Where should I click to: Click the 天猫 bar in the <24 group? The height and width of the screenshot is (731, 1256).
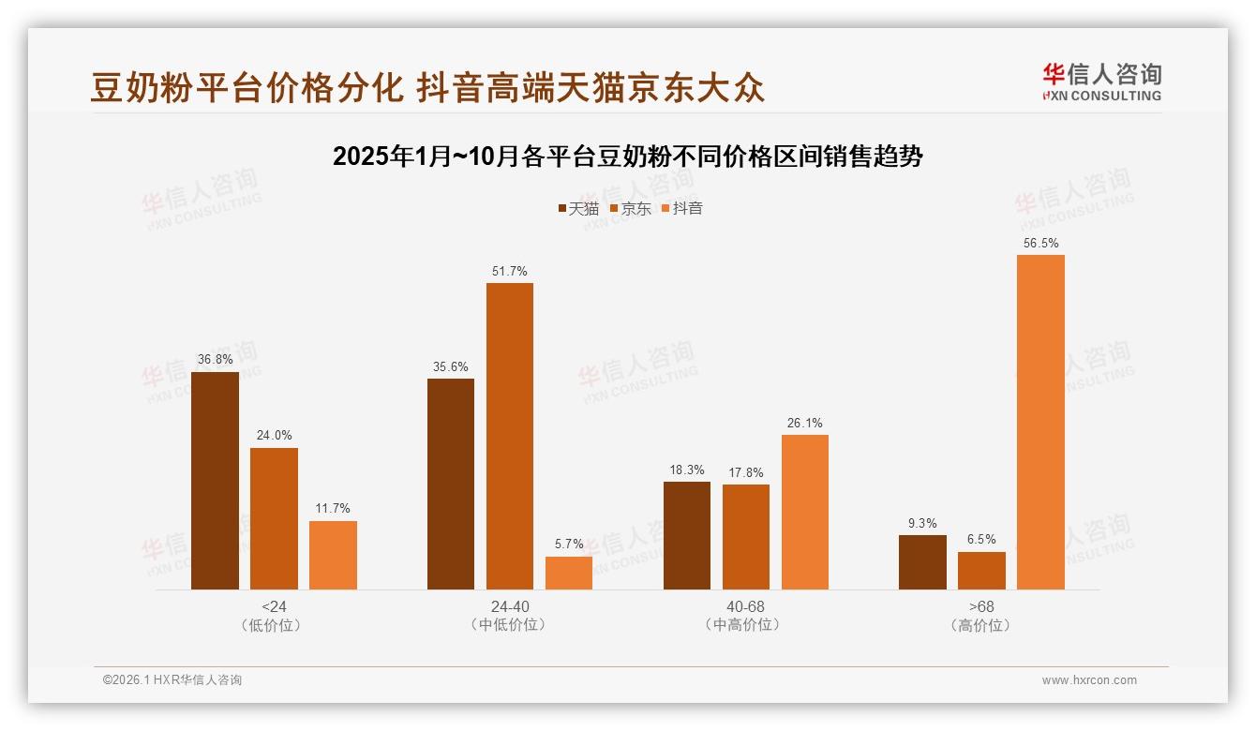[x=215, y=481]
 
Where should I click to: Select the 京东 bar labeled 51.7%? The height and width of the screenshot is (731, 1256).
[x=509, y=436]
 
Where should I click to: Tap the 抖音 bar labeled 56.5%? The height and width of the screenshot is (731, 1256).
[x=1040, y=422]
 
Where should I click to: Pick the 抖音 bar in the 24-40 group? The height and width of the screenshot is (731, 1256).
[x=569, y=573]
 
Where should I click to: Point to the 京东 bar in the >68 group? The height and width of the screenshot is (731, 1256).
[x=981, y=571]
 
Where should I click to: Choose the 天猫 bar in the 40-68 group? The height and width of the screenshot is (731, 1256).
[x=687, y=535]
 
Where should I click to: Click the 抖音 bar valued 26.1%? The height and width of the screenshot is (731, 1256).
[x=805, y=512]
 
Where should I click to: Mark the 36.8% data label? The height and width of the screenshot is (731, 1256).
[x=215, y=360]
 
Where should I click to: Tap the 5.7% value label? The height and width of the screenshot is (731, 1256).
[x=569, y=544]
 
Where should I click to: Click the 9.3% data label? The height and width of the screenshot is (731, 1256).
[x=922, y=523]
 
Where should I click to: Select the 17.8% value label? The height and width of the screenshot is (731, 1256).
[x=746, y=472]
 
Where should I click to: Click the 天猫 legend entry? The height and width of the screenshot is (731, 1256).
[x=578, y=208]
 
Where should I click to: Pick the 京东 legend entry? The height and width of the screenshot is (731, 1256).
[x=630, y=208]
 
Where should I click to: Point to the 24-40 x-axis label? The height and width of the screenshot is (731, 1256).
[x=509, y=606]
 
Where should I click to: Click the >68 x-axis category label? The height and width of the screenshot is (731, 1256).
[x=981, y=606]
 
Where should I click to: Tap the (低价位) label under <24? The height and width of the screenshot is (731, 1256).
[x=274, y=625]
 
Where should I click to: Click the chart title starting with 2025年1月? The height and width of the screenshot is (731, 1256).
[x=628, y=157]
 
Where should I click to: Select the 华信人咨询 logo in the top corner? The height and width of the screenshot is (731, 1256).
[x=1101, y=82]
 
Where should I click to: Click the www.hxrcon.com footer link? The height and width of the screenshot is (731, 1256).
[x=1089, y=680]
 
